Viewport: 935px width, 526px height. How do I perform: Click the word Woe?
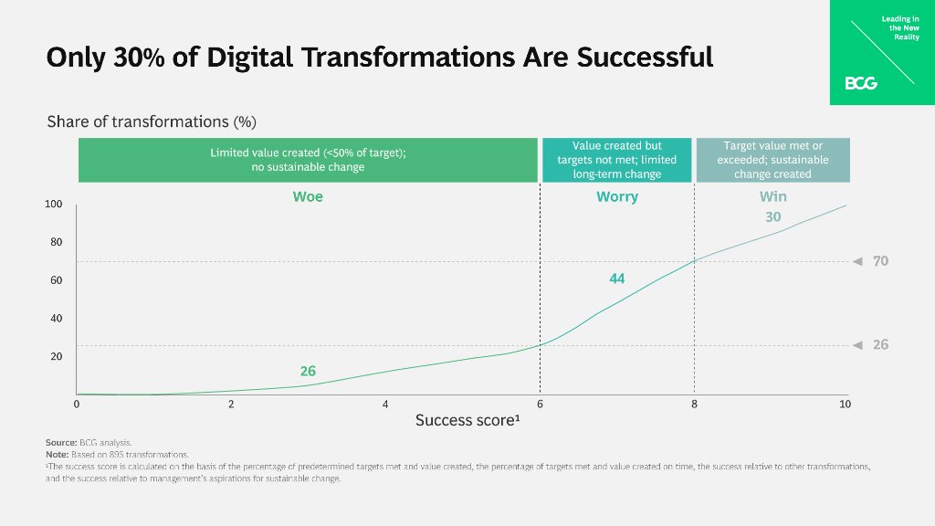pyautogui.click(x=308, y=197)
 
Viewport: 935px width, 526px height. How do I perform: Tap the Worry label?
pyautogui.click(x=617, y=197)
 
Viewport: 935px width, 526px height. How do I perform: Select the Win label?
pyautogui.click(x=772, y=197)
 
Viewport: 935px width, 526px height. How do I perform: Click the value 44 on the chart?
pyautogui.click(x=617, y=279)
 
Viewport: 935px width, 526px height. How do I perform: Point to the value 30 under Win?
pyautogui.click(x=772, y=217)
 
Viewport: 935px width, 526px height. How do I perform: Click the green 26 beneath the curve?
pyautogui.click(x=308, y=372)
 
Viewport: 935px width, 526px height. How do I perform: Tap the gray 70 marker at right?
pyautogui.click(x=880, y=261)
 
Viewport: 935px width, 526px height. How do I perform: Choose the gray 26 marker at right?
pyautogui.click(x=880, y=345)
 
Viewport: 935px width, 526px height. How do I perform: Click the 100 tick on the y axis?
pyautogui.click(x=54, y=205)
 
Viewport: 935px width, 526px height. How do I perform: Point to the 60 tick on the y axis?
pyautogui.click(x=56, y=280)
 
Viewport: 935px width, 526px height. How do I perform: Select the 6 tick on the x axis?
pyautogui.click(x=540, y=404)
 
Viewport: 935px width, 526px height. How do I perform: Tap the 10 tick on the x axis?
pyautogui.click(x=845, y=404)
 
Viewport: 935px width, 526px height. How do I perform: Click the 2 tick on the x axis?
pyautogui.click(x=231, y=404)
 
